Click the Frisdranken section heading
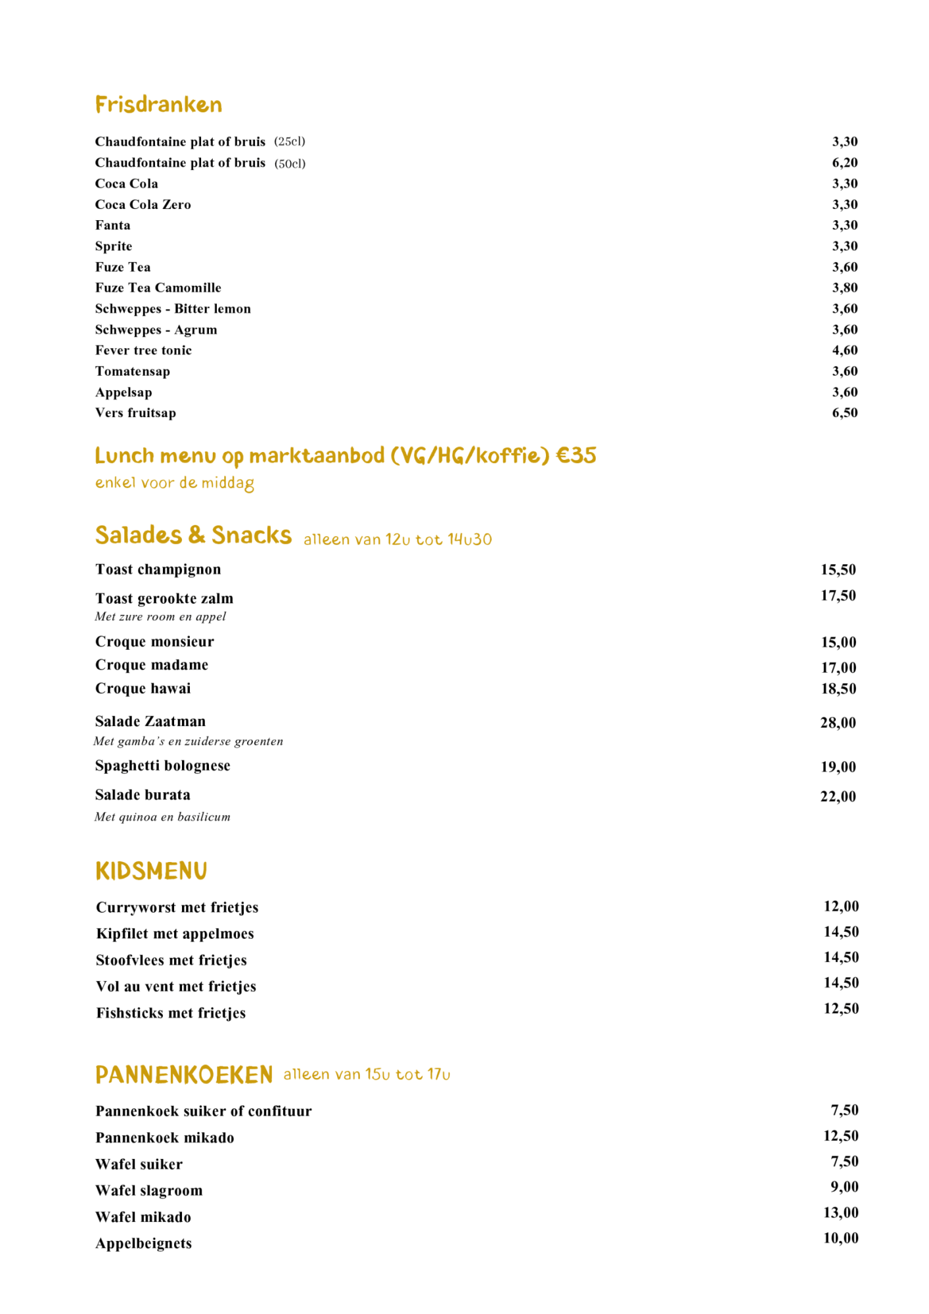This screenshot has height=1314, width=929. (158, 104)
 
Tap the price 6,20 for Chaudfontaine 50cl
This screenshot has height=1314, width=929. (844, 163)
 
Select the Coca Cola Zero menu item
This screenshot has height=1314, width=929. (143, 204)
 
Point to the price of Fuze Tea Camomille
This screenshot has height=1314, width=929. (844, 288)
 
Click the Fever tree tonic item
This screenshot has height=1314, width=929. (143, 350)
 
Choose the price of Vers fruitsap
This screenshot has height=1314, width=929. (844, 413)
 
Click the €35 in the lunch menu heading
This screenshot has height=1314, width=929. (576, 455)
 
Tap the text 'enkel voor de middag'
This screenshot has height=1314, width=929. (174, 483)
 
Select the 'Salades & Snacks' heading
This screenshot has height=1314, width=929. (193, 535)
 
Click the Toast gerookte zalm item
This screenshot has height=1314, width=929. (164, 599)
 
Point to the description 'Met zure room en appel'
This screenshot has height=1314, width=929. (160, 616)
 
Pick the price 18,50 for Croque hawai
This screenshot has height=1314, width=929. (838, 689)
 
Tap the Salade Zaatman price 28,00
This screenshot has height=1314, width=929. (838, 723)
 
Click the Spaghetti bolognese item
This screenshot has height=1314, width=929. (162, 765)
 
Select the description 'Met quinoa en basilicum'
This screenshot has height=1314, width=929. (162, 817)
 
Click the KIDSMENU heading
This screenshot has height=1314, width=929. (151, 871)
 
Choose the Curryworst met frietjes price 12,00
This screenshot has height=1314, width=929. (841, 907)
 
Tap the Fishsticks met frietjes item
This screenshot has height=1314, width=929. (171, 1013)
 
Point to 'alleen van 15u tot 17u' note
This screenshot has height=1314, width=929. (367, 1074)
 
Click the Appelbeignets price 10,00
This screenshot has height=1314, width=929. (841, 1238)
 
